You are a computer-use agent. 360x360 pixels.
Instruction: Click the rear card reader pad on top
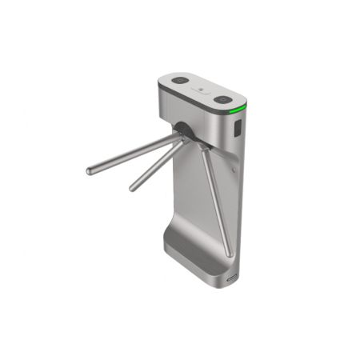pyautogui.click(x=178, y=81)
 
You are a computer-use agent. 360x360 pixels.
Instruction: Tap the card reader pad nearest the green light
pyautogui.click(x=223, y=101)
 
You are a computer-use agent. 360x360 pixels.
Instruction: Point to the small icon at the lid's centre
pyautogui.click(x=201, y=90)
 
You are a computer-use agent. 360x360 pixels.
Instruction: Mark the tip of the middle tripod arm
pyautogui.click(x=133, y=189)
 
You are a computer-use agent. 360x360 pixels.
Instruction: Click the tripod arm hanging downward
pyautogui.click(x=216, y=200)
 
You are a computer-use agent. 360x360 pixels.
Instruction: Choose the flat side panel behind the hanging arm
pyautogui.click(x=192, y=192)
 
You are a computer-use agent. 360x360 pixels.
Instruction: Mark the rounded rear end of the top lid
pyautogui.click(x=162, y=81)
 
